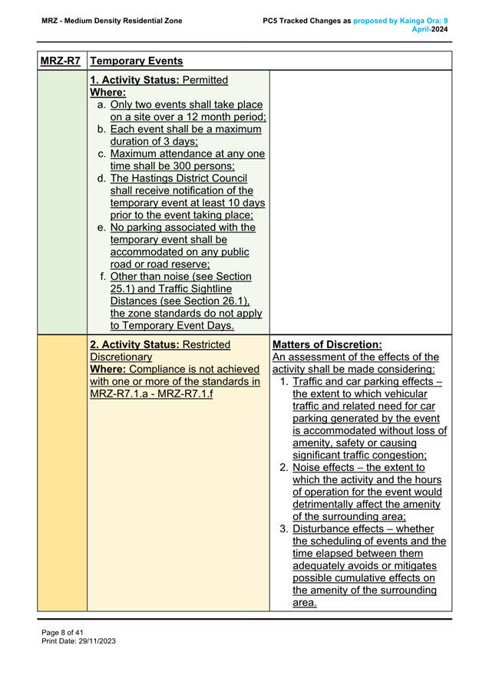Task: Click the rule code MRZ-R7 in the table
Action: (62, 61)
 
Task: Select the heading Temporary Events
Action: (136, 61)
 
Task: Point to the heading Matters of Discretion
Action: (327, 344)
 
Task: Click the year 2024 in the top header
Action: (438, 29)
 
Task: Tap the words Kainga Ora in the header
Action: (420, 20)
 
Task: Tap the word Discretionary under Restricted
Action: (121, 357)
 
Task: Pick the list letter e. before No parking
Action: (102, 228)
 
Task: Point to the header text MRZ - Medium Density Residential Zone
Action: (112, 20)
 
